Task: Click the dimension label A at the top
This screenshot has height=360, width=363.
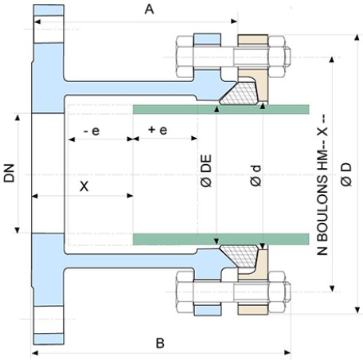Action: click(149, 10)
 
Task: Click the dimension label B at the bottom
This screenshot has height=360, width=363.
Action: click(160, 343)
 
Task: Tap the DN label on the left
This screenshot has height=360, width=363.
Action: click(10, 174)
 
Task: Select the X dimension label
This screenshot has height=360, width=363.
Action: click(84, 186)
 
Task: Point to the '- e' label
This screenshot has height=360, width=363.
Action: click(92, 131)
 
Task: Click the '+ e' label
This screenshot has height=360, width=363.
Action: click(158, 130)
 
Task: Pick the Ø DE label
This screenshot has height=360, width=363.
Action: click(206, 170)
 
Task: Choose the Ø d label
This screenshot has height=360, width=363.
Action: click(256, 175)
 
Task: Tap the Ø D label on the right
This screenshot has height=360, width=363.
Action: click(346, 174)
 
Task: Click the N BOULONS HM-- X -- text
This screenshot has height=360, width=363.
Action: click(322, 185)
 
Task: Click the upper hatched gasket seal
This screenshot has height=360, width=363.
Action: click(240, 93)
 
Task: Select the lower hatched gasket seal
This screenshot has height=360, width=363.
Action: click(240, 256)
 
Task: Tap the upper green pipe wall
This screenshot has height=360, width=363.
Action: click(221, 109)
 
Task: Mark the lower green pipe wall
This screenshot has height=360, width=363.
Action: click(221, 239)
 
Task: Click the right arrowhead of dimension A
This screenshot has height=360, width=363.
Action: click(234, 22)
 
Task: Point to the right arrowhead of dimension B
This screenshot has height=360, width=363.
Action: click(287, 353)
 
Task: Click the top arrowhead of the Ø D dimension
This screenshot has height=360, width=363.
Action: click(357, 37)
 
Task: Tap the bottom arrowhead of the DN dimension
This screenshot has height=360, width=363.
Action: click(18, 230)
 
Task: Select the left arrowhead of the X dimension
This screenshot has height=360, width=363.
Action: click(35, 196)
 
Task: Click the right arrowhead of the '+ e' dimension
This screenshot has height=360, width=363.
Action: click(194, 139)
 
